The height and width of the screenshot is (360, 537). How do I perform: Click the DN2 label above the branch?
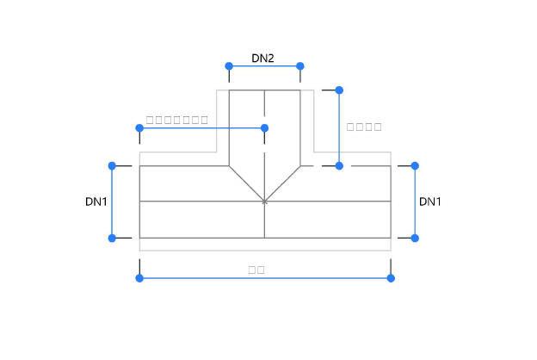pyautogui.click(x=262, y=59)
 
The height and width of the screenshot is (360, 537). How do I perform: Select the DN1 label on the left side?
pyautogui.click(x=96, y=202)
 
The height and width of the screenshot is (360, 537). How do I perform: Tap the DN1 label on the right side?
pyautogui.click(x=430, y=202)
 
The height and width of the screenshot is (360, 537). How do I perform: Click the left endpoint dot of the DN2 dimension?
pyautogui.click(x=229, y=66)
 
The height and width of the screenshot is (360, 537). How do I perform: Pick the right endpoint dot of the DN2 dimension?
pyautogui.click(x=300, y=66)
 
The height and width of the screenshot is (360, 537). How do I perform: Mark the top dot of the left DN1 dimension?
pyautogui.click(x=112, y=165)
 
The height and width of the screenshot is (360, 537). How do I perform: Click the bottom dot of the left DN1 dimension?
pyautogui.click(x=112, y=238)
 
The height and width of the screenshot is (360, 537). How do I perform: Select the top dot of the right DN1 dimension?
pyautogui.click(x=415, y=165)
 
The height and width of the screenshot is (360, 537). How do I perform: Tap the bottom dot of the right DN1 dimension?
pyautogui.click(x=415, y=238)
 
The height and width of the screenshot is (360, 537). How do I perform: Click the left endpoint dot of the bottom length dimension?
pyautogui.click(x=139, y=278)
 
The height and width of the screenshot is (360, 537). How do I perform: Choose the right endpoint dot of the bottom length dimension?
pyautogui.click(x=391, y=278)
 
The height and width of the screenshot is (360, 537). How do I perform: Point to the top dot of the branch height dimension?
pyautogui.click(x=339, y=90)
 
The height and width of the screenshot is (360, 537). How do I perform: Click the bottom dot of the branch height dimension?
pyautogui.click(x=339, y=165)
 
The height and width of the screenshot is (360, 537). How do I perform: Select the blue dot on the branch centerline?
pyautogui.click(x=264, y=128)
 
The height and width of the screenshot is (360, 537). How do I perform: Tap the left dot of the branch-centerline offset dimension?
pyautogui.click(x=139, y=128)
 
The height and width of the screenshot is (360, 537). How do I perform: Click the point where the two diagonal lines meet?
pyautogui.click(x=264, y=202)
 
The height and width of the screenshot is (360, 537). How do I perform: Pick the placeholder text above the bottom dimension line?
pyautogui.click(x=256, y=270)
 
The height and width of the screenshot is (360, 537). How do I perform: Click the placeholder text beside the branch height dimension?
pyautogui.click(x=363, y=127)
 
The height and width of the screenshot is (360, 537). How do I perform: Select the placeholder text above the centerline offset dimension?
pyautogui.click(x=177, y=120)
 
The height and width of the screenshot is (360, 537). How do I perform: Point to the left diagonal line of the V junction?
pyautogui.click(x=246, y=183)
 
